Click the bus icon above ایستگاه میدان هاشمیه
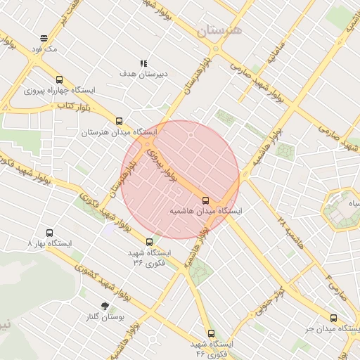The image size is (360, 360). (205, 200)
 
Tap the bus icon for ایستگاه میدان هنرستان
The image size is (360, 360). (119, 121)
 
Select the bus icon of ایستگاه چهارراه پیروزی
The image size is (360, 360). (58, 80)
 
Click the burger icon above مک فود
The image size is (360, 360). (44, 38)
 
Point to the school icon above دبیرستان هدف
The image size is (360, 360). (143, 63)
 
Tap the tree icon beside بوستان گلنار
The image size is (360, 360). (105, 306)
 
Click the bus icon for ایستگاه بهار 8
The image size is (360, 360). (49, 233)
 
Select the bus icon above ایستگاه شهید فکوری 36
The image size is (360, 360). (148, 242)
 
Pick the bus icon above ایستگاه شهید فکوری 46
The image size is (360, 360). (210, 333)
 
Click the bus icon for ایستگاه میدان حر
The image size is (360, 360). (333, 318)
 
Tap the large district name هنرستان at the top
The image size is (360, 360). (219, 31)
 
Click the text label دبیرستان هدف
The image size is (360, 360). (143, 74)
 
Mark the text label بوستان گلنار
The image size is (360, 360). (108, 317)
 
